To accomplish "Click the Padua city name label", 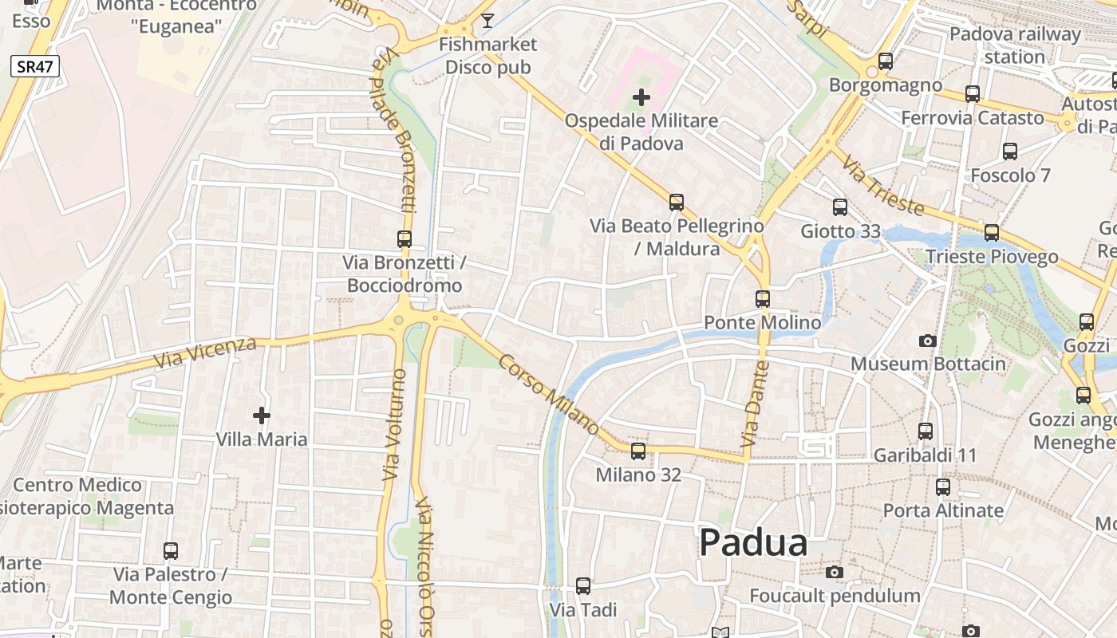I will (x=753, y=543).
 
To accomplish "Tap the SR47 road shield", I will (x=35, y=66).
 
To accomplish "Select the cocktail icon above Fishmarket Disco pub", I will (x=487, y=20).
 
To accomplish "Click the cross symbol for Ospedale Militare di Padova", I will (x=641, y=97).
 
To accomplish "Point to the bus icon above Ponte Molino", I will (x=763, y=299).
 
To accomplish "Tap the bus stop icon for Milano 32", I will (x=638, y=451).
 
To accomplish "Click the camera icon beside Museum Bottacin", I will (x=927, y=341).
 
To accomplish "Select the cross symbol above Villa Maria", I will (x=262, y=415).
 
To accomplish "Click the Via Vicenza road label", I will (x=205, y=352).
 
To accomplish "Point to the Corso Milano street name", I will (x=549, y=395).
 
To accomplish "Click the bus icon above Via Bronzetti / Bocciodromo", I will (x=405, y=238).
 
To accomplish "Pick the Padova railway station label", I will (x=1014, y=45).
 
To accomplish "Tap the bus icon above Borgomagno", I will (x=885, y=61).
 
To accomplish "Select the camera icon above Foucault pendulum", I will (x=835, y=572).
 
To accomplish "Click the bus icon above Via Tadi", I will (x=583, y=586).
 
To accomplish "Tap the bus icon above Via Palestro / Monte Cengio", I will (x=171, y=550).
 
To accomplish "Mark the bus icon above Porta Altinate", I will (x=943, y=486).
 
